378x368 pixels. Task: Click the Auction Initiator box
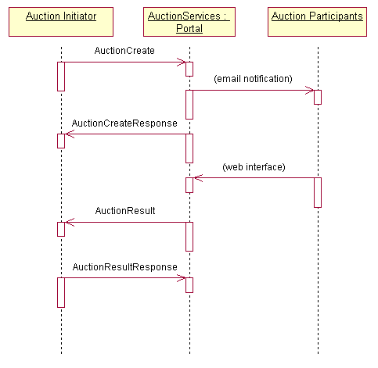61,22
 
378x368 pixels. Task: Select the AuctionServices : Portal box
189,22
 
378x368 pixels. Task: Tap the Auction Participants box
317,22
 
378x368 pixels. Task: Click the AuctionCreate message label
124,51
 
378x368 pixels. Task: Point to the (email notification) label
253,79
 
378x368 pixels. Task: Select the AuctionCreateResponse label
124,123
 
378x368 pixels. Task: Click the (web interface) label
254,167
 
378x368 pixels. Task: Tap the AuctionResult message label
125,211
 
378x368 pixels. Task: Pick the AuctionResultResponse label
125,267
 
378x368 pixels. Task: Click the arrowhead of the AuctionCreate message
185,62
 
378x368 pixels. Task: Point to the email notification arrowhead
314,91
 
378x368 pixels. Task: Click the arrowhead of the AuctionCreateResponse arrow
66,134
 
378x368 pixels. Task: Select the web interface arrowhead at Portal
194,178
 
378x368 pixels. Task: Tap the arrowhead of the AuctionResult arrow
66,223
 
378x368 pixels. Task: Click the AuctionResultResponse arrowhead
185,278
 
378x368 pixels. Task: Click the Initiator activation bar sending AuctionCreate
61,77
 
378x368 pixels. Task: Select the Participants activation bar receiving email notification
318,98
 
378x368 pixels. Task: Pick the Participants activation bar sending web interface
318,193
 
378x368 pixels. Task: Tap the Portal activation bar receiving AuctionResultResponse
189,285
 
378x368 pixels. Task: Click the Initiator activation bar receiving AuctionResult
61,230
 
